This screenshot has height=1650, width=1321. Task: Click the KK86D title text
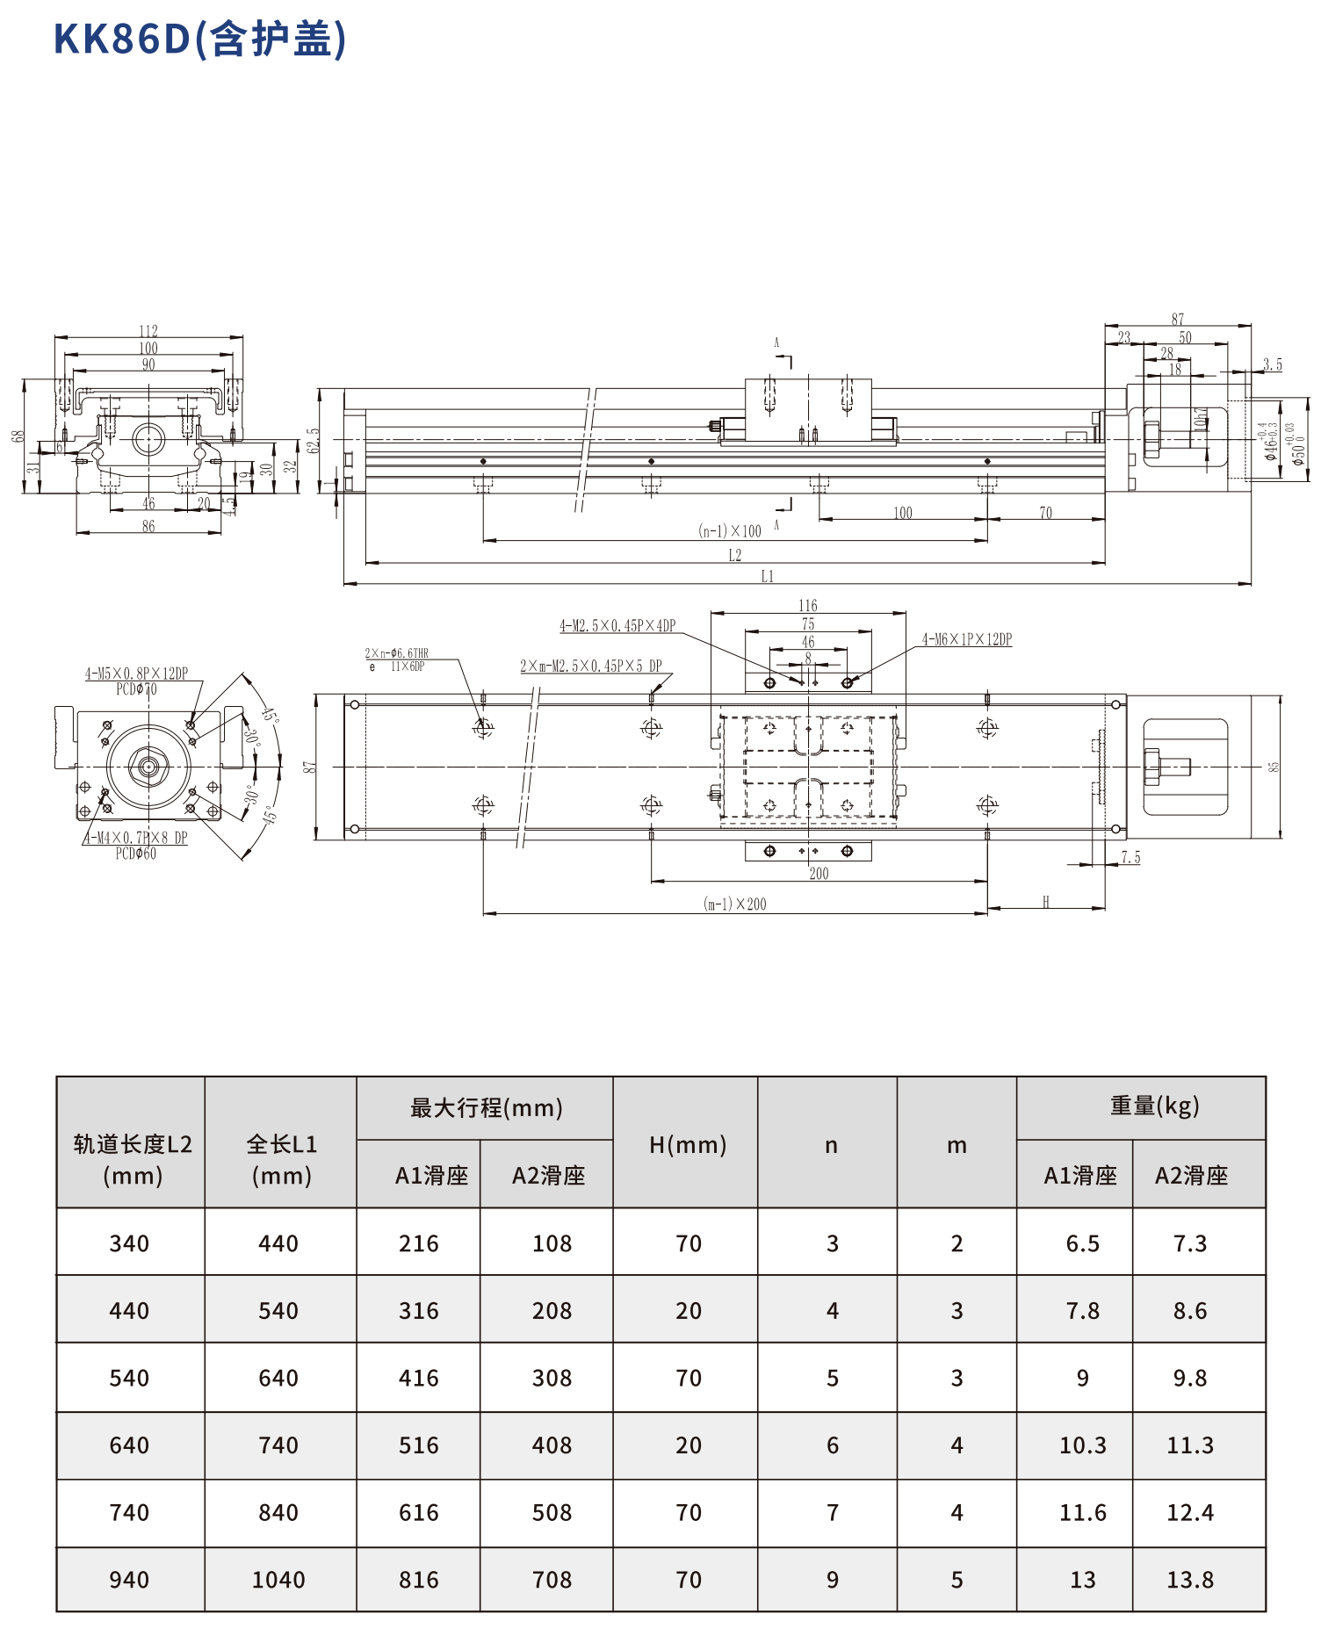[x=200, y=39]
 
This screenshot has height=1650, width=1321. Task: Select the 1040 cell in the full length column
[x=278, y=1580]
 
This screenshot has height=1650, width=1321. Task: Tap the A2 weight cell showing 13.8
[x=1190, y=1580]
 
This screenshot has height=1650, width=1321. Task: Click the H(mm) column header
[x=688, y=1144]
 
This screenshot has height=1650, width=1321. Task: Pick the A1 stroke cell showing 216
[x=418, y=1243]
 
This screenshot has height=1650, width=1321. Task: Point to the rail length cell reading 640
[x=129, y=1445]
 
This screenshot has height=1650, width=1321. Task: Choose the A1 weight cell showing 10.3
[x=1082, y=1445]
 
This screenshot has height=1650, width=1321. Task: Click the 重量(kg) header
[x=1154, y=1106]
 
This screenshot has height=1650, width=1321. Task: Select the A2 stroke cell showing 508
[x=552, y=1513]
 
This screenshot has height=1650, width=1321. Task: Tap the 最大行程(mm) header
[x=486, y=1108]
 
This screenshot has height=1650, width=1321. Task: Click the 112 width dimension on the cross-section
[x=148, y=331]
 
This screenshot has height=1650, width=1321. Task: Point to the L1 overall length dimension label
[x=767, y=576]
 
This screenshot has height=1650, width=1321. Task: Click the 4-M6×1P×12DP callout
[x=966, y=639]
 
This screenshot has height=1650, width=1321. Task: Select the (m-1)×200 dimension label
[x=734, y=904]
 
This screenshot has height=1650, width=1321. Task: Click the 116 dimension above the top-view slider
[x=808, y=605]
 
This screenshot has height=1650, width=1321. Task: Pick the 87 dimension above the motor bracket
[x=1178, y=319]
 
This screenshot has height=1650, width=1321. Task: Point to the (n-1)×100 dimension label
[x=729, y=530]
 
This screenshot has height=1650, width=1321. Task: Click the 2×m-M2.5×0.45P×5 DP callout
[x=590, y=666]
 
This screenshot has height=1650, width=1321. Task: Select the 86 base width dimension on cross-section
[x=148, y=526]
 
